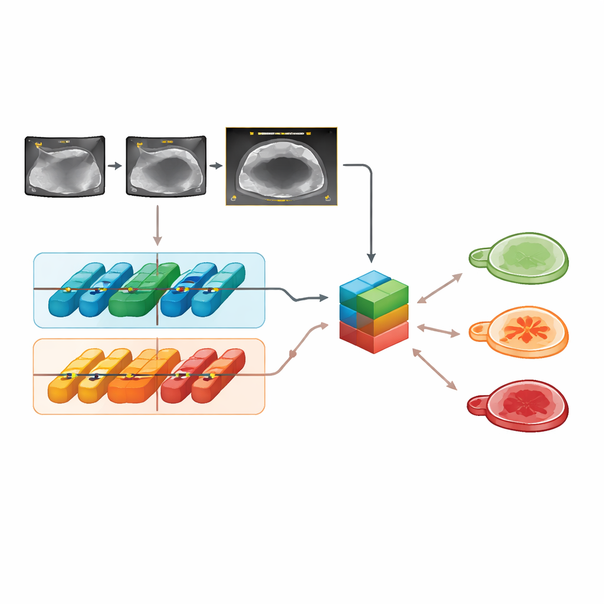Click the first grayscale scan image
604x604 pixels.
(65, 166)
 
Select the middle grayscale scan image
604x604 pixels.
(166, 166)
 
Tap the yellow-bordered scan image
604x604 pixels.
(281, 166)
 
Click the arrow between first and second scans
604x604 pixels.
(115, 166)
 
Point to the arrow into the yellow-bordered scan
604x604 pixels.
(216, 166)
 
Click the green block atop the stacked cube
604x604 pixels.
(383, 298)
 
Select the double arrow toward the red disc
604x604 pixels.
(435, 369)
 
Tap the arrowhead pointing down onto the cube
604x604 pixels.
(371, 257)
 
